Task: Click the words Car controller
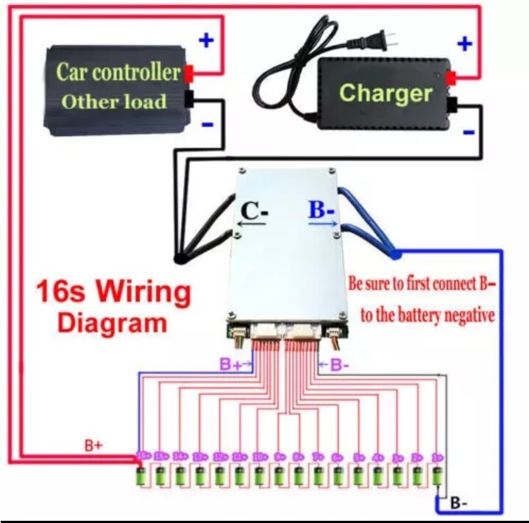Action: (x=118, y=72)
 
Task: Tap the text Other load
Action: (x=113, y=101)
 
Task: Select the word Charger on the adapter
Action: (x=385, y=93)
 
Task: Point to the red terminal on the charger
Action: (x=450, y=77)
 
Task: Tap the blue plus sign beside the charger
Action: (x=464, y=44)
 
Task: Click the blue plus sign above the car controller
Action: (x=207, y=40)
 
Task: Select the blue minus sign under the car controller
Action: (x=207, y=124)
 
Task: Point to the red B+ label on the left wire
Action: (x=93, y=445)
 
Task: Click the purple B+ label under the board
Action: (x=231, y=363)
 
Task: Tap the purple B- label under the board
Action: (x=338, y=363)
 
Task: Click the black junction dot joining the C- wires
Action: (x=178, y=257)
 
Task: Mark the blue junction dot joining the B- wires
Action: (x=396, y=254)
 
